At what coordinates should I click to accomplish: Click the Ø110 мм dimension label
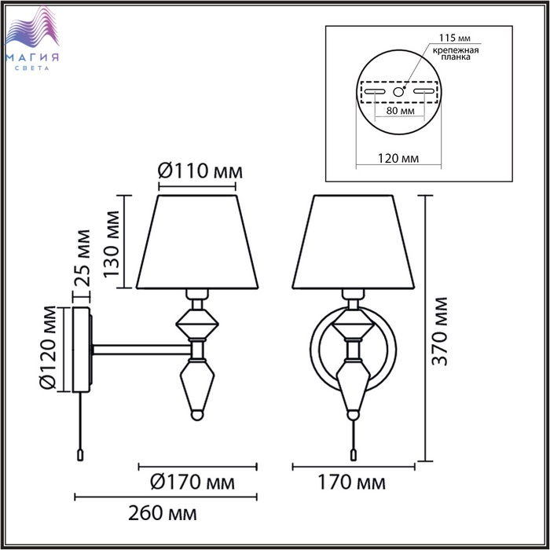coord(200,171)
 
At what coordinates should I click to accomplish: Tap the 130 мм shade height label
coord(112,244)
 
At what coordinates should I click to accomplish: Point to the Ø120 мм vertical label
coord(48,347)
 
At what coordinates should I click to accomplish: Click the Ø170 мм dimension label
coord(192,482)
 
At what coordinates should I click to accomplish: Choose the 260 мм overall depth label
coord(163,513)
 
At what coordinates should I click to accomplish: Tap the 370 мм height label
coord(440,332)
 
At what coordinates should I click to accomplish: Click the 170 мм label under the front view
coord(351,482)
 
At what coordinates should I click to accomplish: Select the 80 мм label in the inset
coord(400,111)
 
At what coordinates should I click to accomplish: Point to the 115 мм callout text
coord(455,38)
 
